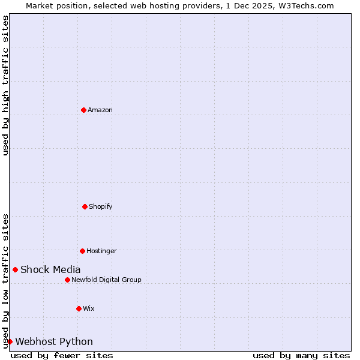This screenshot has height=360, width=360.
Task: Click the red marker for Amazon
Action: point(83,110)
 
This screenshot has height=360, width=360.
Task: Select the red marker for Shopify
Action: point(85,206)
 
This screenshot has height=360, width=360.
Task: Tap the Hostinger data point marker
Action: point(82,251)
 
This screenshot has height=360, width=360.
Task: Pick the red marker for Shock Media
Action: point(15,269)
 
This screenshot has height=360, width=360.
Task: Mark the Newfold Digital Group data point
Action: point(67,280)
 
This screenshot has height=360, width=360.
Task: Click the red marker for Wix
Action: point(79,308)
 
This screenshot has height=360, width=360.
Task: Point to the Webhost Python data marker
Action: point(10,341)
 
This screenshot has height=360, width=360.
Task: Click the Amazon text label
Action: point(100,110)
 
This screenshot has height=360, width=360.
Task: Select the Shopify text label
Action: point(101,206)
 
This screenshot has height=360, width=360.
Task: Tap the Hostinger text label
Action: point(101,251)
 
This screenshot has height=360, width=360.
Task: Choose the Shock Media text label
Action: point(50,269)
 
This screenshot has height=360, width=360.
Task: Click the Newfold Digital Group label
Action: point(106,280)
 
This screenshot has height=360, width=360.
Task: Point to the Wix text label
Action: point(89,308)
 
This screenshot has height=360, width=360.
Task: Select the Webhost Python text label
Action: point(54,341)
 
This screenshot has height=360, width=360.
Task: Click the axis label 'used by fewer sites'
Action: point(62,355)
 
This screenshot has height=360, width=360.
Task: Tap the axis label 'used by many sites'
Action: point(301,355)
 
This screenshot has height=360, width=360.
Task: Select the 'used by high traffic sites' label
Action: point(5,85)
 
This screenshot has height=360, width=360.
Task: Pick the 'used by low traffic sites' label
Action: point(5,280)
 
